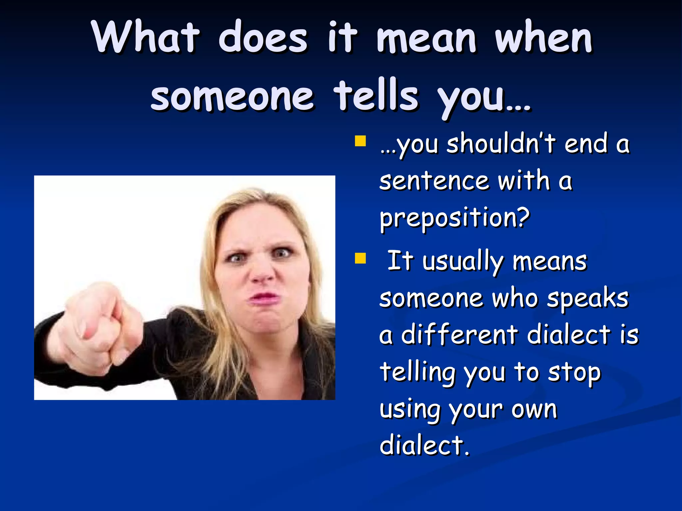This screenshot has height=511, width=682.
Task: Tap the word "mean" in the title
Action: pyautogui.click(x=427, y=38)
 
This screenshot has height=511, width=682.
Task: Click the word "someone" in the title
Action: pyautogui.click(x=232, y=96)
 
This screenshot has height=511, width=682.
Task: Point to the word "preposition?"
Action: pyautogui.click(x=455, y=218)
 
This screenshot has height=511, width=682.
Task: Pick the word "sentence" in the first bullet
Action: pyautogui.click(x=434, y=181)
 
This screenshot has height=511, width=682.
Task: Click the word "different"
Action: pyautogui.click(x=460, y=335)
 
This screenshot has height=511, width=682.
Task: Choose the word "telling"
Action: pyautogui.click(x=418, y=373)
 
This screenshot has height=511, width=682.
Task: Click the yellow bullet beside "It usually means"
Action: pyautogui.click(x=360, y=258)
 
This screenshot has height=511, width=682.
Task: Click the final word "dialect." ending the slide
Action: pyautogui.click(x=425, y=446)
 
